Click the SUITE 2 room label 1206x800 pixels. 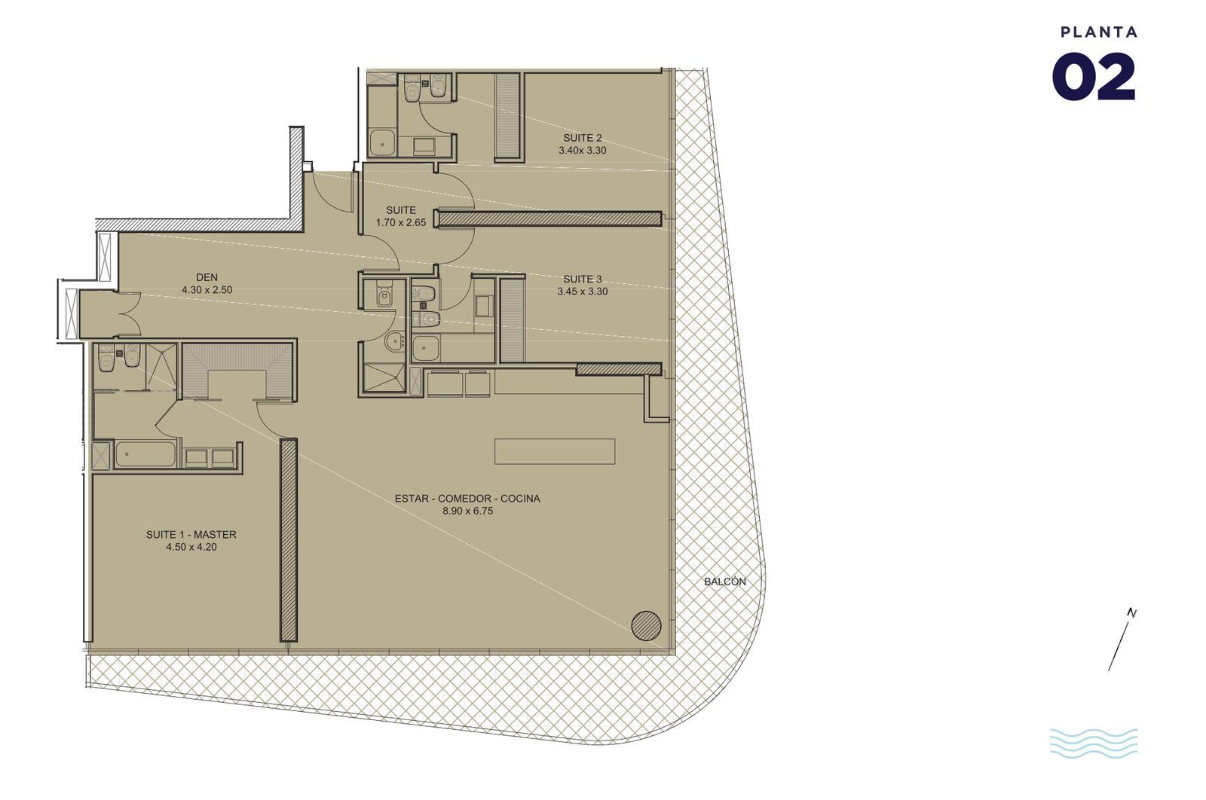(x=583, y=138)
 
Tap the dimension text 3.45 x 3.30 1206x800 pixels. (x=583, y=292)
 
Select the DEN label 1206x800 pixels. (x=207, y=278)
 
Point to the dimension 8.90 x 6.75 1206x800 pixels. (x=467, y=511)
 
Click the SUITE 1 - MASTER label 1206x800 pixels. (x=191, y=535)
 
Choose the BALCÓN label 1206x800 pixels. (x=724, y=582)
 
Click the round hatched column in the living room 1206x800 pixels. (x=646, y=626)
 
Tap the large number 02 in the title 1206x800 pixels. (x=1094, y=77)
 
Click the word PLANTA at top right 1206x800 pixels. (x=1099, y=32)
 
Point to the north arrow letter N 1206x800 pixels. (x=1132, y=612)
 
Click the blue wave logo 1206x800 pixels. (x=1094, y=743)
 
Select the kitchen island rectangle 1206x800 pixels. (x=555, y=451)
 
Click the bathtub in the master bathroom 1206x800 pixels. (x=145, y=455)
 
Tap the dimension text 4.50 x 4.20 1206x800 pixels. (x=191, y=547)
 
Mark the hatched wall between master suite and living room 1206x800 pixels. (x=289, y=540)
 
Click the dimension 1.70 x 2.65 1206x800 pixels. (x=400, y=223)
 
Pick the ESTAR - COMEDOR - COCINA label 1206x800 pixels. (x=467, y=499)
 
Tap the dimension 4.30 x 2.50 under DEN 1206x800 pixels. (x=207, y=290)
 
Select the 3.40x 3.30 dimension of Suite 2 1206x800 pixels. (x=583, y=151)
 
